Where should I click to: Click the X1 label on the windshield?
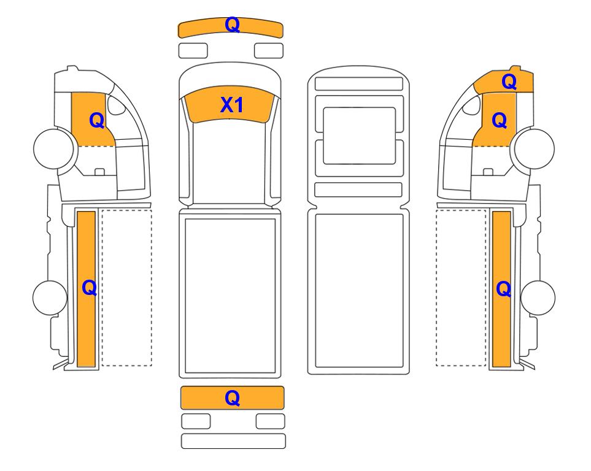pyautogui.click(x=232, y=105)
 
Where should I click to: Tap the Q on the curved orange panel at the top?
pyautogui.click(x=232, y=25)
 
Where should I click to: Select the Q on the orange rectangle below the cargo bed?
pyautogui.click(x=232, y=398)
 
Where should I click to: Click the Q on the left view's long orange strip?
pyautogui.click(x=90, y=288)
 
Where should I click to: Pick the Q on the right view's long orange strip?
pyautogui.click(x=504, y=289)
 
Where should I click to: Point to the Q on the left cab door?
pyautogui.click(x=97, y=121)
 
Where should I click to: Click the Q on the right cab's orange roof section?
pyautogui.click(x=509, y=82)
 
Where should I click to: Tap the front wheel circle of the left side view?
pyautogui.click(x=53, y=148)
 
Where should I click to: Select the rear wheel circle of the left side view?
pyautogui.click(x=50, y=297)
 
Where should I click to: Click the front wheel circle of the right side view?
pyautogui.click(x=535, y=148)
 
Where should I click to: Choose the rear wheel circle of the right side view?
pyautogui.click(x=538, y=297)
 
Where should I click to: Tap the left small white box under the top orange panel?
pyautogui.click(x=193, y=51)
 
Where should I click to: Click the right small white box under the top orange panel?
pyautogui.click(x=269, y=51)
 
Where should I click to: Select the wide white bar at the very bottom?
pyautogui.click(x=233, y=441)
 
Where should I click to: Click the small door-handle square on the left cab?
pyautogui.click(x=99, y=172)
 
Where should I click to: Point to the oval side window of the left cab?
pyautogui.click(x=116, y=105)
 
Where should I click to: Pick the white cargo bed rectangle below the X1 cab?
pyautogui.click(x=230, y=296)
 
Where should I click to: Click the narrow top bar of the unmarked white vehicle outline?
pyautogui.click(x=359, y=83)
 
